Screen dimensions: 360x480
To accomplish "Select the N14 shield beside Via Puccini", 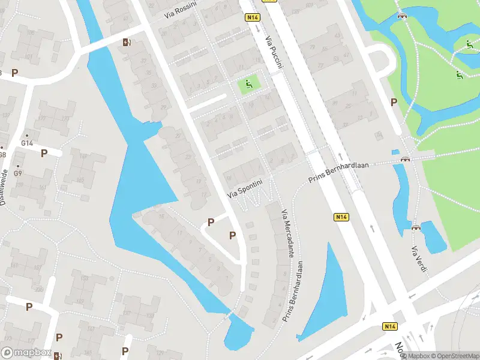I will (x=253, y=18).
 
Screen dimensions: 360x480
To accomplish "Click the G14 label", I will (x=26, y=143).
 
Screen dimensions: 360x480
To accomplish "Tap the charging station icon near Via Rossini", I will (x=126, y=43).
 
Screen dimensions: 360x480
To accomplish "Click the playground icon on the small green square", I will (x=249, y=85).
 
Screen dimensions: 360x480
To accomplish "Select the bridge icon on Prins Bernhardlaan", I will (x=405, y=160).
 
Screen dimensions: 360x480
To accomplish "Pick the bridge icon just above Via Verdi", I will (x=416, y=227).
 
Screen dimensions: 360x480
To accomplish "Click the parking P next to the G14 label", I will (x=44, y=153).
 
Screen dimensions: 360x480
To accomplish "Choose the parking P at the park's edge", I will (x=394, y=102).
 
